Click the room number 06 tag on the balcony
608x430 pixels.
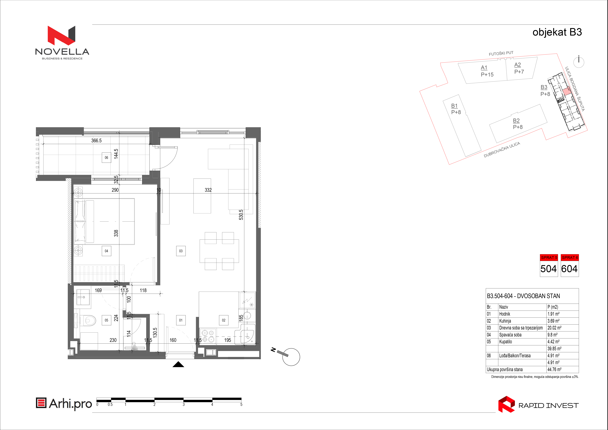(x=107, y=158)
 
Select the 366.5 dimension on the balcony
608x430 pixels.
(x=96, y=141)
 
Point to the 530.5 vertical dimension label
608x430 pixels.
(x=241, y=215)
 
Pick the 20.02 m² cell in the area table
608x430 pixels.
(x=555, y=328)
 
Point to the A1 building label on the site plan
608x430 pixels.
(x=484, y=68)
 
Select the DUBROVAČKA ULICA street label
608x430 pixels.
(x=502, y=150)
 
